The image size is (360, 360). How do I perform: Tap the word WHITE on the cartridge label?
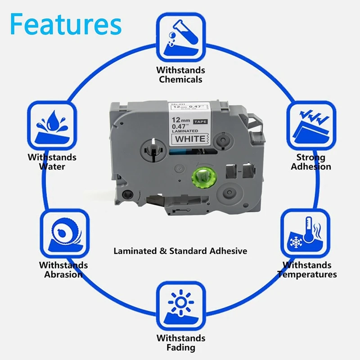[x=189, y=138]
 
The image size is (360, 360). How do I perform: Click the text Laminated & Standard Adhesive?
[x=180, y=251]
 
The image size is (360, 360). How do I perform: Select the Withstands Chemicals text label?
[x=180, y=75]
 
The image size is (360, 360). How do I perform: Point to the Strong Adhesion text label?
[x=311, y=162]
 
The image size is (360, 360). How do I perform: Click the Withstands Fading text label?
[x=180, y=342]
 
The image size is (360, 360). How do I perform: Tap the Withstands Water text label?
[x=52, y=162]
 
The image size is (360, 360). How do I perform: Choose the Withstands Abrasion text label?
[x=63, y=270]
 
